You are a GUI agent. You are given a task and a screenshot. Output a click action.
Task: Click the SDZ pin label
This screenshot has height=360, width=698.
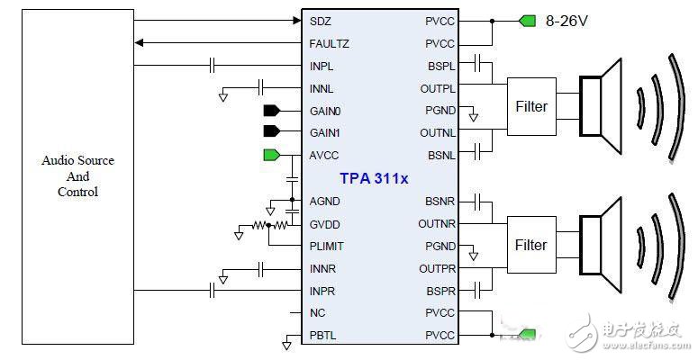pos(319,20)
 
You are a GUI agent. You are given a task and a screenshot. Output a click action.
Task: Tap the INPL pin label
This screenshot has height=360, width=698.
pos(322,66)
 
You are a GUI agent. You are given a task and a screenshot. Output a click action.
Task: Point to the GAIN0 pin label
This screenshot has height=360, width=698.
pos(326,111)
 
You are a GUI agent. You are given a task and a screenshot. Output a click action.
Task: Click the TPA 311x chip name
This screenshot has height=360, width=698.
pos(374,178)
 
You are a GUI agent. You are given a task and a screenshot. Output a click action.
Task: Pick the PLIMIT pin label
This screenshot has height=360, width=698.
pos(326,246)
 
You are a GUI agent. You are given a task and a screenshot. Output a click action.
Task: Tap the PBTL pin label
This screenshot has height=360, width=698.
pos(322,336)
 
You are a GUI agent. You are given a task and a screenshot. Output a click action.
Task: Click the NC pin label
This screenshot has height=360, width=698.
pos(317,313)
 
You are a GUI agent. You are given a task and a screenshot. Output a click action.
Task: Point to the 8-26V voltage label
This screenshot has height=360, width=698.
pos(567,20)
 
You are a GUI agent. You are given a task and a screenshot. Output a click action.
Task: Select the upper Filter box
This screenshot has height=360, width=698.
pos(531,106)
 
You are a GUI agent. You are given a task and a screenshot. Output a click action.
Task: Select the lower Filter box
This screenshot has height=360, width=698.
pos(531,245)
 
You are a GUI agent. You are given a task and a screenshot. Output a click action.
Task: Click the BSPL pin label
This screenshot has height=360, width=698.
pos(441,66)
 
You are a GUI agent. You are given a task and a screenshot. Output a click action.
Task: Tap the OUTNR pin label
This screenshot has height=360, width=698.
pos(438,223)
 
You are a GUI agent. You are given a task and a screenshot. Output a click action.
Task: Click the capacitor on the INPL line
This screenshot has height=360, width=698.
pos(213,65)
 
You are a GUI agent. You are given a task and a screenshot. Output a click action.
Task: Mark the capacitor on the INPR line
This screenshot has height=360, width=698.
pos(213,290)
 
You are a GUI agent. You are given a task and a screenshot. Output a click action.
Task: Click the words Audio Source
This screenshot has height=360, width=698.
pos(77,160)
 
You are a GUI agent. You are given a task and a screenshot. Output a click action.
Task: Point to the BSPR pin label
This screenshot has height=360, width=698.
pos(441,291)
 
